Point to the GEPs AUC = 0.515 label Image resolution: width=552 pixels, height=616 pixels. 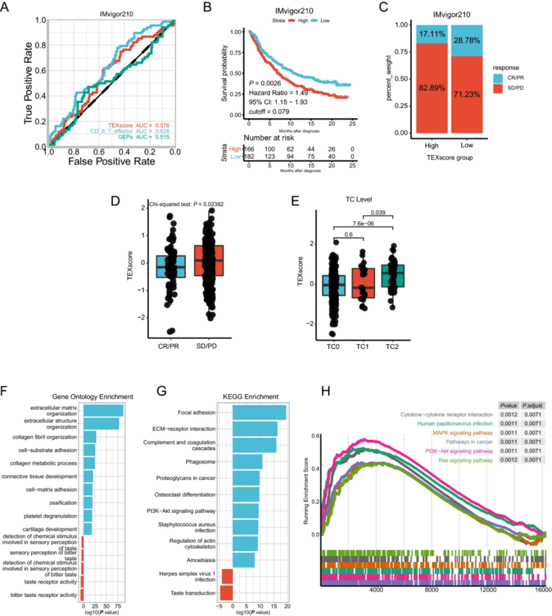pyautogui.click(x=147, y=138)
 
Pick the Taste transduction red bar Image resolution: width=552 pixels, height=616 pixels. pyautogui.click(x=227, y=593)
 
